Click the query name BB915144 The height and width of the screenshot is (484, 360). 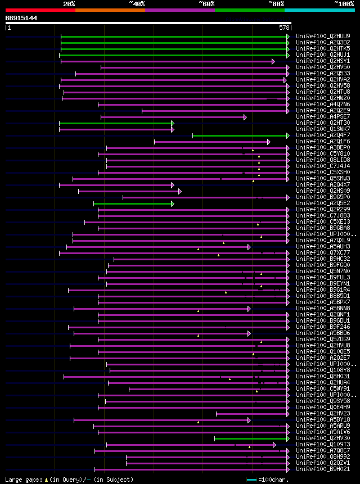point(21,18)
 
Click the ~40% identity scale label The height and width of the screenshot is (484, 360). point(137,3)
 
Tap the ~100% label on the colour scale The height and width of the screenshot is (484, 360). point(344,3)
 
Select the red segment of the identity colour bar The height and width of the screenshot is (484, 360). point(40,10)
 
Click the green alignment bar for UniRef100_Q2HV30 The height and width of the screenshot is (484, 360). point(250,438)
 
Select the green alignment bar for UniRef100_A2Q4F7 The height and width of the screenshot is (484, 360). point(240,135)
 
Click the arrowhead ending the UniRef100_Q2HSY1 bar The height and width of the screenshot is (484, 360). point(273,61)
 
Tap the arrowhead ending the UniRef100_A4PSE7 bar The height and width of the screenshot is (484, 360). point(245,117)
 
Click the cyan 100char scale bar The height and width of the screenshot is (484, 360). point(251,480)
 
